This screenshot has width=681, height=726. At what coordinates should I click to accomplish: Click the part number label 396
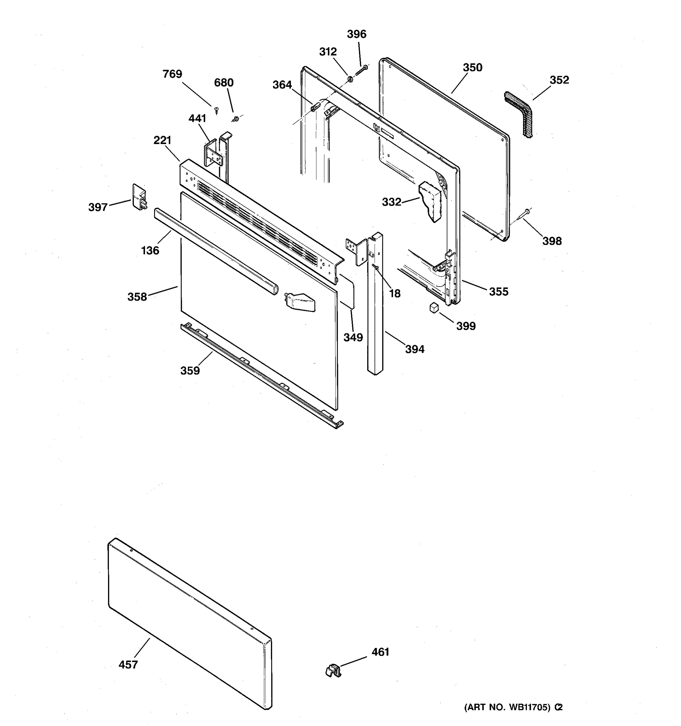356,34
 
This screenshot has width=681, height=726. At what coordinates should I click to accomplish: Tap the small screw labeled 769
216,109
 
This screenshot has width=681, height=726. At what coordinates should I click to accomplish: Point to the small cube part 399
434,307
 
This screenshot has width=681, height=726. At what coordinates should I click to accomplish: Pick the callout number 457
128,664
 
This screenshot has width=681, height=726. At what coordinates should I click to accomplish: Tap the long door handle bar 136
215,250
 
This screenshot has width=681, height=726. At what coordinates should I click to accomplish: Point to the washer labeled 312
350,79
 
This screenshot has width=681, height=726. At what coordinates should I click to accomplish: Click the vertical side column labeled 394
376,310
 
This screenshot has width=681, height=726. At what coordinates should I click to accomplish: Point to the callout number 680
224,83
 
